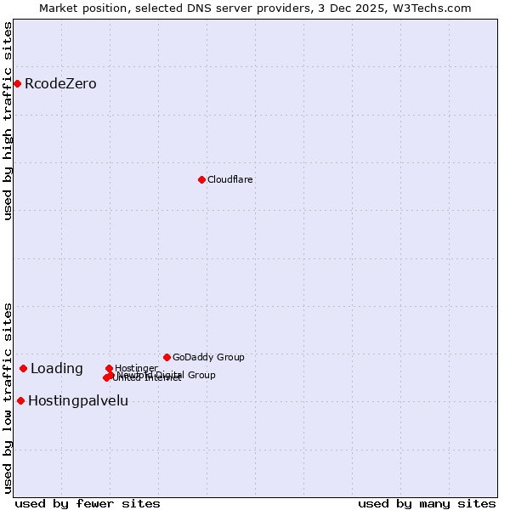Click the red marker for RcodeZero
[x=17, y=83]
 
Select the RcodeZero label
[x=60, y=83]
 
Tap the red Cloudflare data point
[x=201, y=179]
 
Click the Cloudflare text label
[x=230, y=179]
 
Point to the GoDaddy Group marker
[x=167, y=357]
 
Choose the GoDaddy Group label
[x=208, y=357]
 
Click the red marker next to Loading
[x=23, y=368]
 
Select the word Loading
[x=57, y=368]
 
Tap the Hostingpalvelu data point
[x=20, y=400]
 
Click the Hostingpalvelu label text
[x=78, y=400]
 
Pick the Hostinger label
[x=136, y=368]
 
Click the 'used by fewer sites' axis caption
[x=88, y=503]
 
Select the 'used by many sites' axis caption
[x=427, y=503]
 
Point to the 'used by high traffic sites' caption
[x=8, y=121]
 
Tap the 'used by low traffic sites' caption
[x=8, y=398]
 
